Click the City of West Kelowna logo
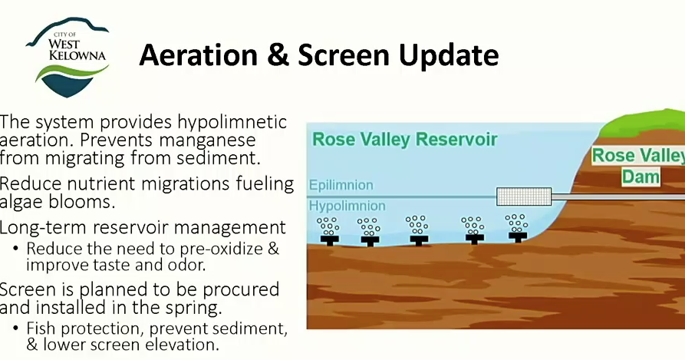click(x=68, y=57)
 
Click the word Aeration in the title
click(x=199, y=55)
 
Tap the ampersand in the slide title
click(x=278, y=55)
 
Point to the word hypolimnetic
click(x=232, y=122)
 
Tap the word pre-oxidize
click(x=221, y=249)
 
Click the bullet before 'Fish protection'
click(x=16, y=328)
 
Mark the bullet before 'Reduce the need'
click(x=16, y=249)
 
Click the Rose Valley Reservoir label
click(x=405, y=140)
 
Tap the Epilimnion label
click(x=341, y=185)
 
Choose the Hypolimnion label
click(x=347, y=206)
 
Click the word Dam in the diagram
click(x=641, y=177)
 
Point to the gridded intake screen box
click(x=524, y=197)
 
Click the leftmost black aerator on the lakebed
click(x=329, y=240)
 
